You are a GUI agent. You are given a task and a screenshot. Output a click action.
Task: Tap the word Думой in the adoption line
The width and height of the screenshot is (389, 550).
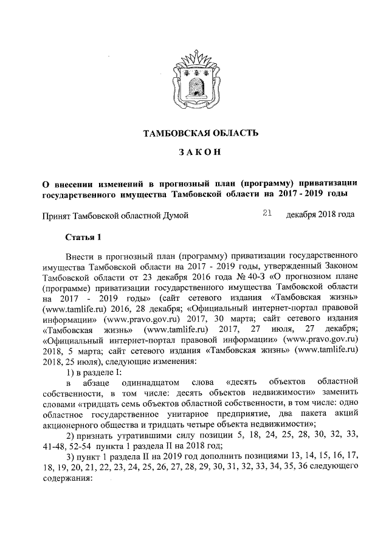173,215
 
